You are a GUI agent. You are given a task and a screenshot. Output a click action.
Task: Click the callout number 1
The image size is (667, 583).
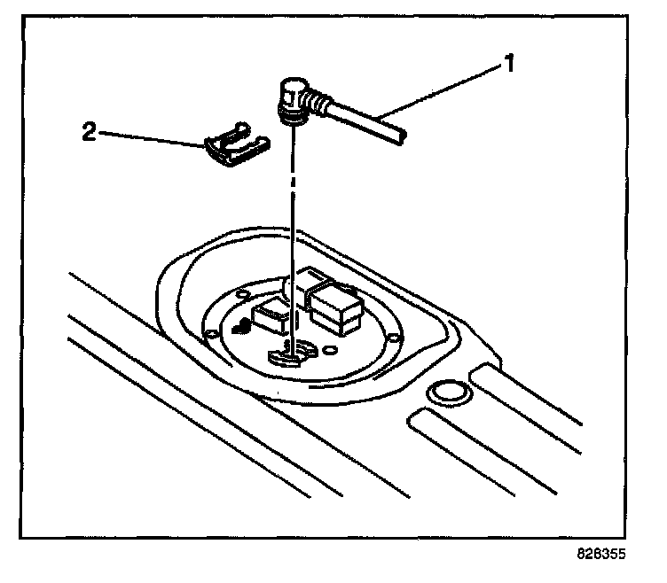pyautogui.click(x=509, y=64)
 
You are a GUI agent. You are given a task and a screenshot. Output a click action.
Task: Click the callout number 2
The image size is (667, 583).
pyautogui.click(x=88, y=133)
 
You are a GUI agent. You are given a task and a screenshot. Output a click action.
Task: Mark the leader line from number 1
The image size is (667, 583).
pyautogui.click(x=443, y=92)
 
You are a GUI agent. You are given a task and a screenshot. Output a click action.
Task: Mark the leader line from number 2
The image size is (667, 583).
pyautogui.click(x=151, y=137)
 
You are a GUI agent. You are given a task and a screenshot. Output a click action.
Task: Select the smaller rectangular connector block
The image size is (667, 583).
pyautogui.click(x=272, y=313)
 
